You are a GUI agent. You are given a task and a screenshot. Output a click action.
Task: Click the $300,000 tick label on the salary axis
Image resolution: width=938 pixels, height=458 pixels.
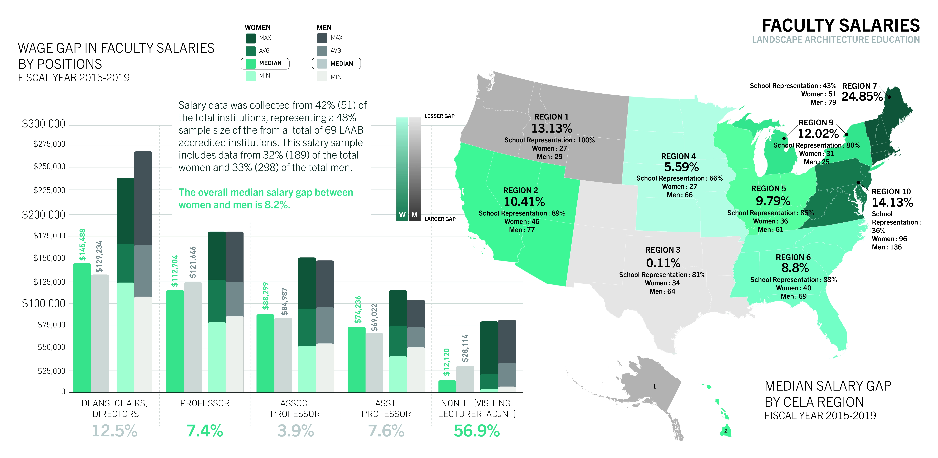click(44, 124)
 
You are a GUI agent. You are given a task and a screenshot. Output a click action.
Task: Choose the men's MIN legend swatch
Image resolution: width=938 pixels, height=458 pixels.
click(322, 76)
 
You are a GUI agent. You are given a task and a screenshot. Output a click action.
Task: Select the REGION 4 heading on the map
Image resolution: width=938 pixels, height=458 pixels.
click(678, 156)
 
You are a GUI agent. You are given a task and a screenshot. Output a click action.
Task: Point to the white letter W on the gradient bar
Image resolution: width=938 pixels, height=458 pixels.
click(402, 215)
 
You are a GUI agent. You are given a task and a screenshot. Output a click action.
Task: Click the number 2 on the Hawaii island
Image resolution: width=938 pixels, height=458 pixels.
click(726, 431)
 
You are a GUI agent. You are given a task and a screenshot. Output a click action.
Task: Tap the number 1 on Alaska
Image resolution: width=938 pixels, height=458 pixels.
click(654, 387)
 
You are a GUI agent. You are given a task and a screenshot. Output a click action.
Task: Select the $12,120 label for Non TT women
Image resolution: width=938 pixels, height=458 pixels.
click(446, 362)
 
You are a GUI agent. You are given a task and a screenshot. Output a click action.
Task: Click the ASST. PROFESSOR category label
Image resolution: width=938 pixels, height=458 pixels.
click(386, 408)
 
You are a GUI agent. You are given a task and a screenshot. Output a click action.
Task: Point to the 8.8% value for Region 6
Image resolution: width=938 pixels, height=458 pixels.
click(795, 268)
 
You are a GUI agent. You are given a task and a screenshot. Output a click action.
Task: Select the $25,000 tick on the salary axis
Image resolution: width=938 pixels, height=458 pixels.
click(51, 371)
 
